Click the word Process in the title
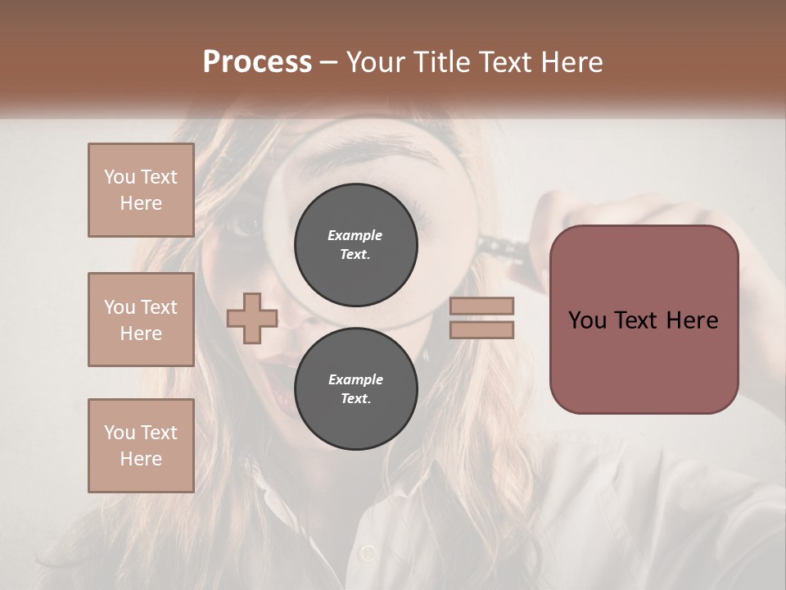click(257, 62)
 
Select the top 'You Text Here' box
click(141, 190)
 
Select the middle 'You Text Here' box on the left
click(141, 320)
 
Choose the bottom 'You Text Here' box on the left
click(141, 445)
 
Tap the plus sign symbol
click(252, 318)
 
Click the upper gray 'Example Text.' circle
click(355, 244)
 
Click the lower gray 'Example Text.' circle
click(355, 388)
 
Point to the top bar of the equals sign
click(482, 306)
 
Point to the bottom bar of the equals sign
click(482, 329)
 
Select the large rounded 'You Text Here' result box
click(644, 320)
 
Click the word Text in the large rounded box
click(644, 320)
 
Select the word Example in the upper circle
click(355, 235)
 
